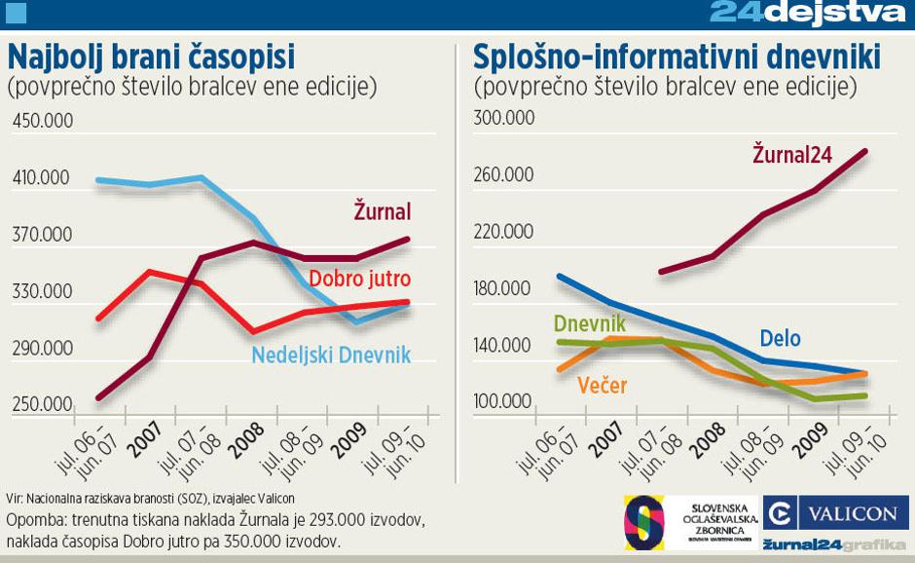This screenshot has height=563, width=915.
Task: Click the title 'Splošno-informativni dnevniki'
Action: pyautogui.click(x=677, y=56)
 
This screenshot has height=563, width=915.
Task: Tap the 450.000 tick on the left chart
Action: pyautogui.click(x=41, y=121)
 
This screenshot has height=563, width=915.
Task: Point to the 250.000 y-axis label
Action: pyautogui.click(x=41, y=403)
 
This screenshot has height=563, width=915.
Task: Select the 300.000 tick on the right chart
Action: pyautogui.click(x=503, y=119)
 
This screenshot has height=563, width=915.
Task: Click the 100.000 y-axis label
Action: pyautogui.click(x=503, y=401)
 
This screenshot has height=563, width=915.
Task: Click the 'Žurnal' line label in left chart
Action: pyautogui.click(x=383, y=211)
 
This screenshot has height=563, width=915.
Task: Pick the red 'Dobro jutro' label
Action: pyautogui.click(x=359, y=280)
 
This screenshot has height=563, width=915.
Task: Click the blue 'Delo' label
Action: pyautogui.click(x=780, y=338)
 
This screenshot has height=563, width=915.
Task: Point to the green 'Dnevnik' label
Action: pyautogui.click(x=589, y=323)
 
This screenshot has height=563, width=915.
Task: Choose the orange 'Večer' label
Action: pyautogui.click(x=602, y=386)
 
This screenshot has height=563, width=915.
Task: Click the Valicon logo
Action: pyautogui.click(x=836, y=512)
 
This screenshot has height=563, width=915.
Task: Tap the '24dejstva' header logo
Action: pyautogui.click(x=808, y=13)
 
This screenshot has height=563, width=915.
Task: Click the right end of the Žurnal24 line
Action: pyautogui.click(x=866, y=151)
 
